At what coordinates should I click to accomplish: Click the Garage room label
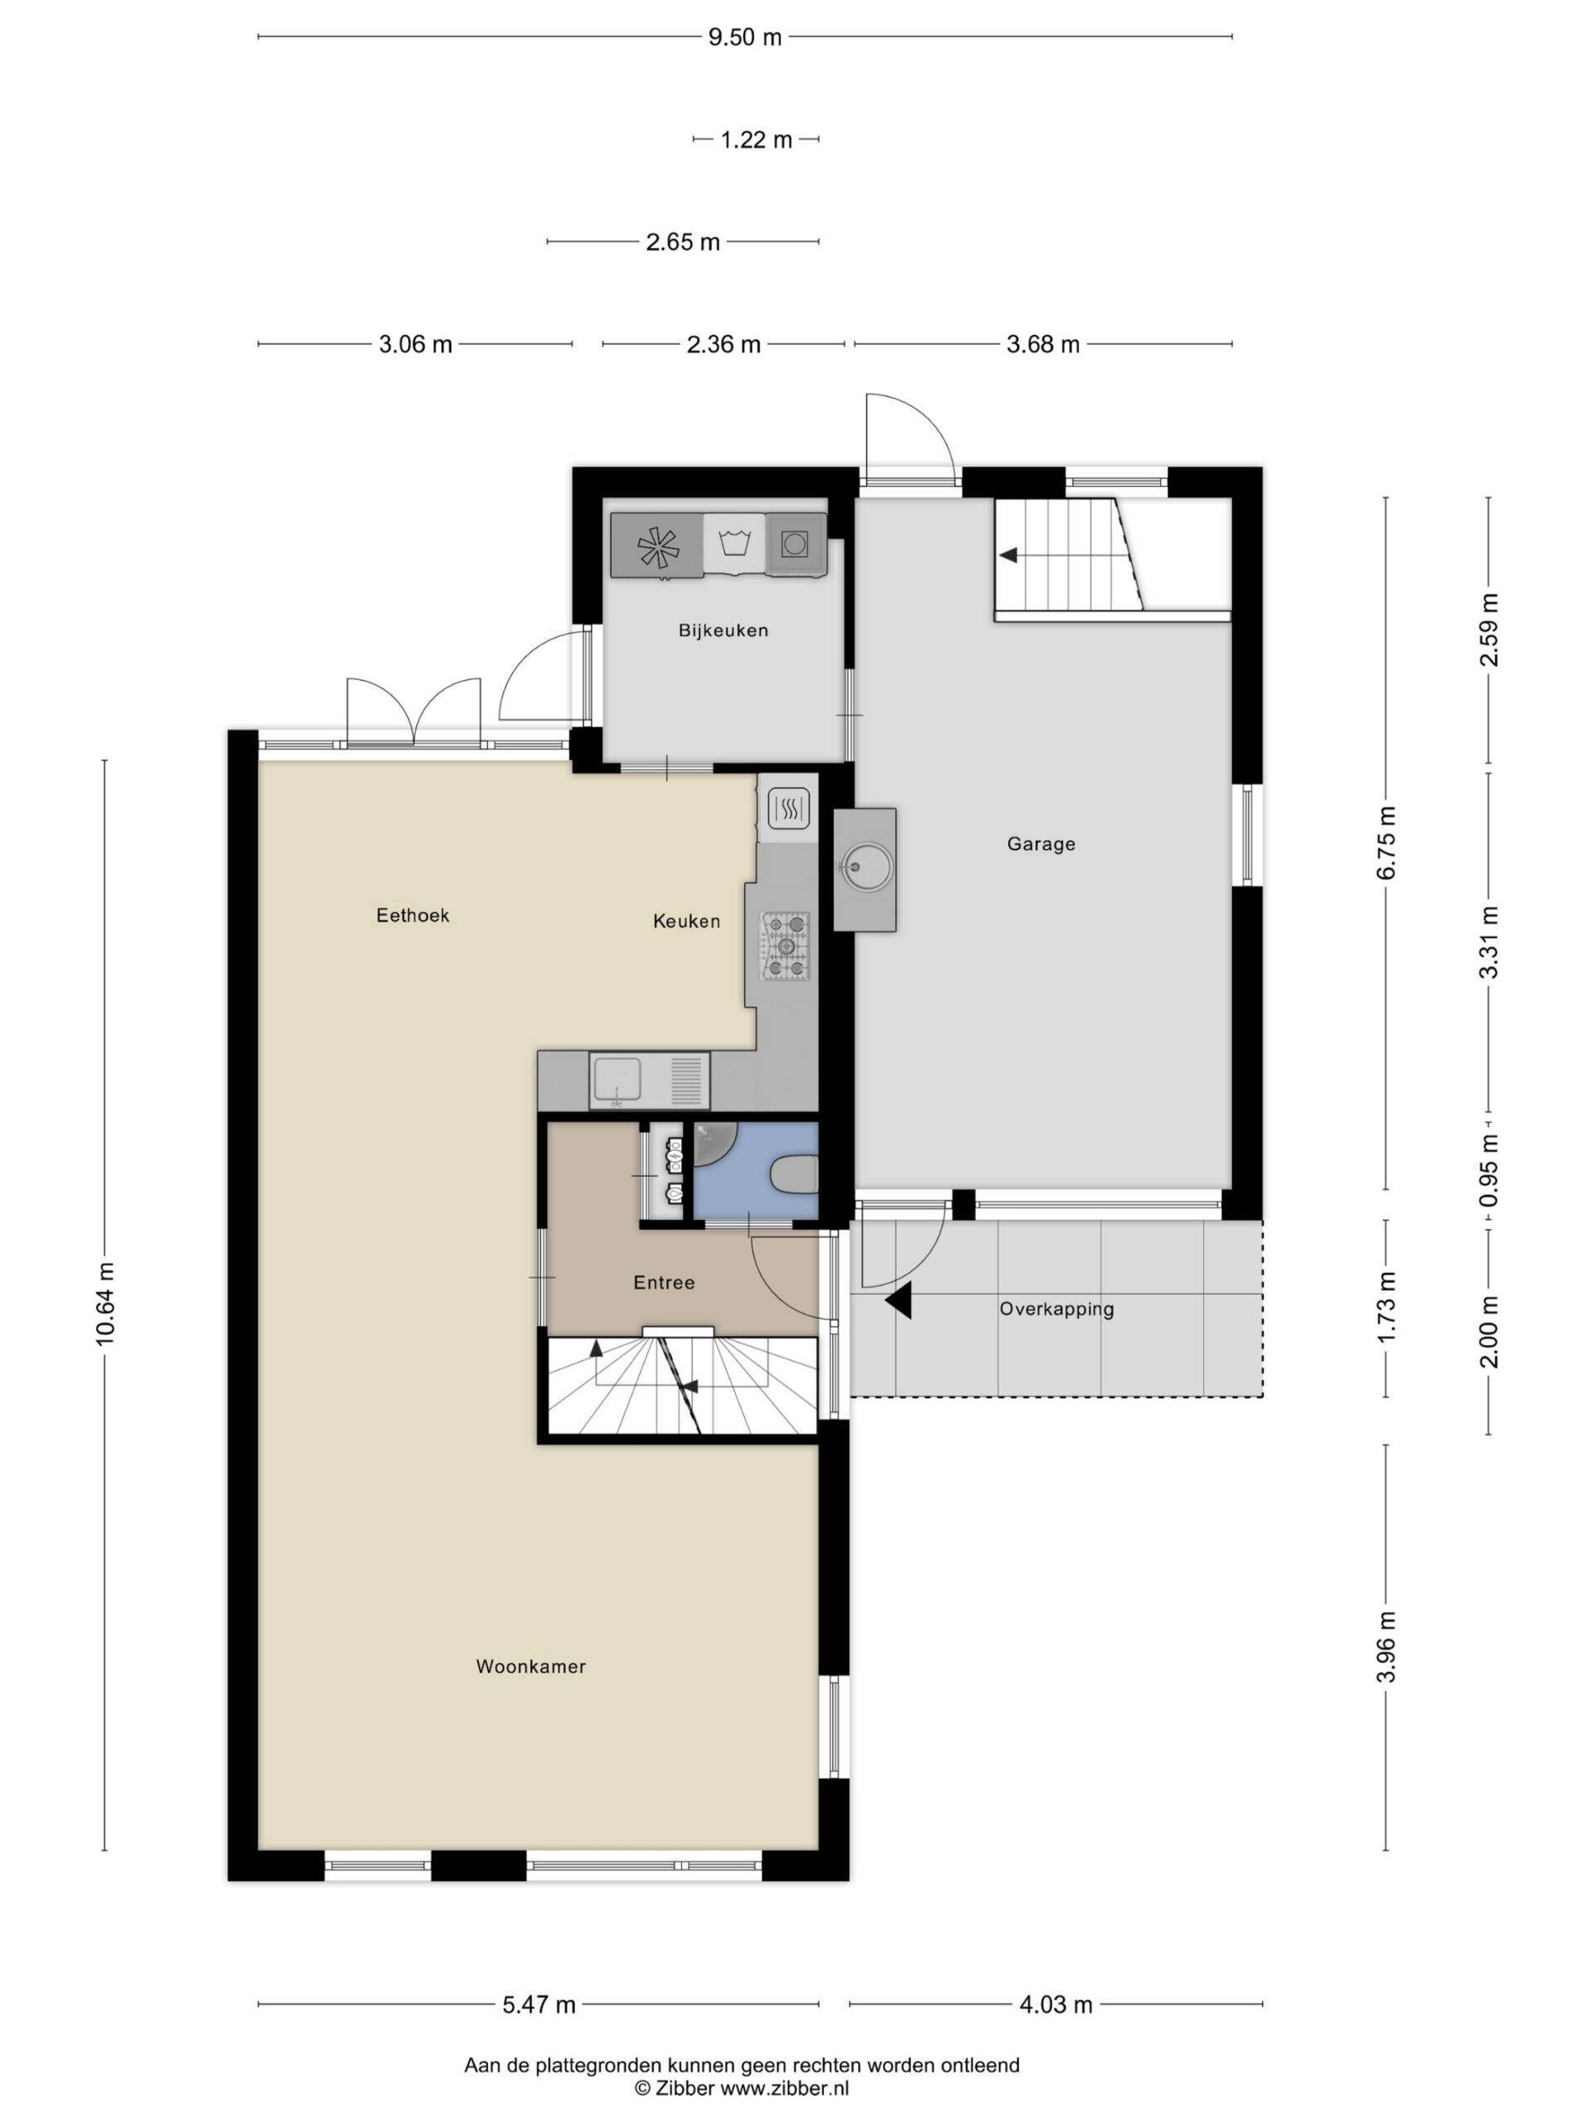(1041, 843)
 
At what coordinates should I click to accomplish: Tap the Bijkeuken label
(723, 630)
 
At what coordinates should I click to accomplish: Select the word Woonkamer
(531, 1667)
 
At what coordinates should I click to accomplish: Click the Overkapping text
(1056, 1309)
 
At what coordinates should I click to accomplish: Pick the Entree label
(664, 1282)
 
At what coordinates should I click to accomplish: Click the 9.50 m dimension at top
(745, 37)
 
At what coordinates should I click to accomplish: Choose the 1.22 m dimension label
(757, 140)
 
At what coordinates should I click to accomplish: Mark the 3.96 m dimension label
(1386, 1647)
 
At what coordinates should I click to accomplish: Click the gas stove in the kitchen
(786, 946)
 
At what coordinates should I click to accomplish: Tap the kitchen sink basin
(617, 1080)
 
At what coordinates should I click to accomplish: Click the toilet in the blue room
(795, 1175)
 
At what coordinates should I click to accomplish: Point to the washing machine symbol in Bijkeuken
(734, 544)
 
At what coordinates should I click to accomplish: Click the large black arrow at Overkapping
(899, 1302)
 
